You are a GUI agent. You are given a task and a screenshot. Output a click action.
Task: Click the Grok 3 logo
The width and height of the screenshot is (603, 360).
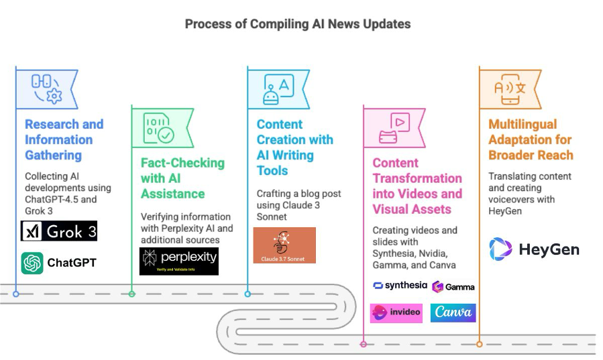point(59,231)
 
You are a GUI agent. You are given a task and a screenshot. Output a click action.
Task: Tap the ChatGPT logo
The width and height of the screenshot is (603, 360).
point(58,263)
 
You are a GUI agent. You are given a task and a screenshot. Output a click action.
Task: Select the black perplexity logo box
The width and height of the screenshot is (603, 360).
point(178,261)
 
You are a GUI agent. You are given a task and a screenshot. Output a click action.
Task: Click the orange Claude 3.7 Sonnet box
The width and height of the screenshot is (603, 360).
point(284,245)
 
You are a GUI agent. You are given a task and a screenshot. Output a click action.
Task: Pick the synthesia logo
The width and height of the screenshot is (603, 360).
point(400,286)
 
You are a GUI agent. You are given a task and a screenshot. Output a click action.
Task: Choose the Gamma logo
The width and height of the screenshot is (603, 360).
point(453,286)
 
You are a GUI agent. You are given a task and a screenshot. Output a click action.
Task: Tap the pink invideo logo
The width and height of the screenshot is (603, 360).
point(396,312)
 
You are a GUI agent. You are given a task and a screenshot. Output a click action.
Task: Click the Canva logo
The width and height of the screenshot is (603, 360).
point(453,312)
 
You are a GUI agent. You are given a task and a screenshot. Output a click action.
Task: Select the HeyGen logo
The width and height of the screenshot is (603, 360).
point(534,250)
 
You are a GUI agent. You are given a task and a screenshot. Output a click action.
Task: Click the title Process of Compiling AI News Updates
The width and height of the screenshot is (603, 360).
point(298,24)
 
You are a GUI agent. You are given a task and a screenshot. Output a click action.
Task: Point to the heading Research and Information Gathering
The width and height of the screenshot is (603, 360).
point(64,139)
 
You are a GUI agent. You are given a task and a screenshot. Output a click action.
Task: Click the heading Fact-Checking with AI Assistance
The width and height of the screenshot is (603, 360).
point(182,178)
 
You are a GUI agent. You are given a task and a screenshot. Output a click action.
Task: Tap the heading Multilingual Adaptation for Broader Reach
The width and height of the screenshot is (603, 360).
point(531,139)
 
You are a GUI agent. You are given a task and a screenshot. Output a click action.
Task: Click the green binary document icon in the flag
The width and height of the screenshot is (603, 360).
point(158,127)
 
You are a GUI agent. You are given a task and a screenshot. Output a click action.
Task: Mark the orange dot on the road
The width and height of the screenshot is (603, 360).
point(480,344)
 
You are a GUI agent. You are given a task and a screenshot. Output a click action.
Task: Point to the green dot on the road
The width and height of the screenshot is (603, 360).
point(131,294)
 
